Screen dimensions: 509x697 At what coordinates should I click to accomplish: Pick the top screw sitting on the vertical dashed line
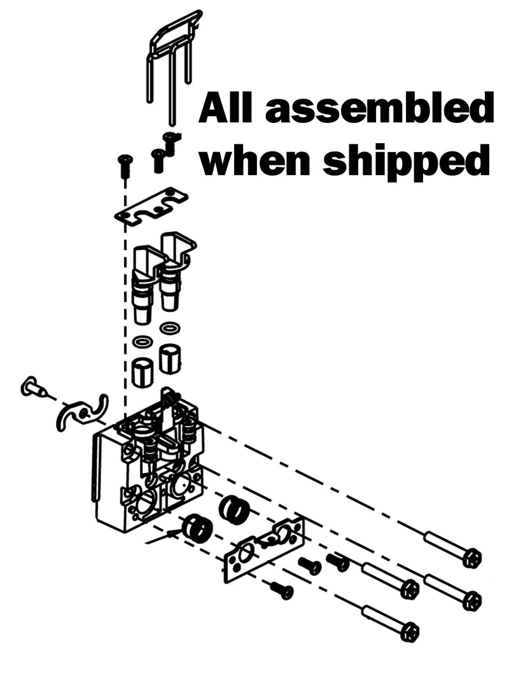124,164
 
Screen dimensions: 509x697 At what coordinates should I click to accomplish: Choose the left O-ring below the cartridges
143,342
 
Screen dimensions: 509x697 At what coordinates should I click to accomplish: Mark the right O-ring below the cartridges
170,328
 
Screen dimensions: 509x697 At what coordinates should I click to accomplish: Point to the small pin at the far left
33,388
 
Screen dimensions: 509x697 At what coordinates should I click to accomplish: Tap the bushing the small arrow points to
196,528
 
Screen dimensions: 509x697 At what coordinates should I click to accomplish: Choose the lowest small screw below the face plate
282,589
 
